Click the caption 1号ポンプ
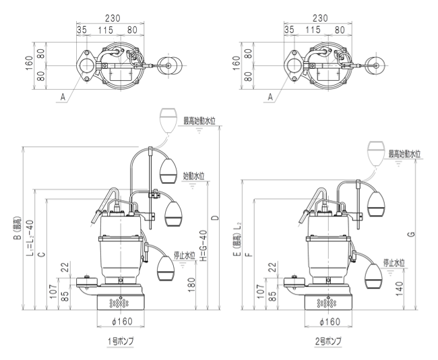121,341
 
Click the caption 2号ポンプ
328,341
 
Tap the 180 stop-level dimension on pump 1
191,285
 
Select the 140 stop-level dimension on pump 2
400,289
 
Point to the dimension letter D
215,218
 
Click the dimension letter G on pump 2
411,234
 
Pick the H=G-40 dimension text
204,245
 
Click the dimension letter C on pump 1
41,253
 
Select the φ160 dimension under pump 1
122,322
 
